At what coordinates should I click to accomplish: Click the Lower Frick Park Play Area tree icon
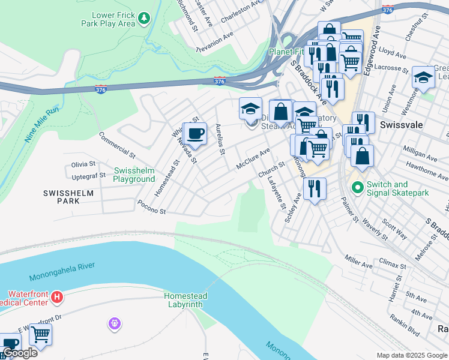coord(143,19)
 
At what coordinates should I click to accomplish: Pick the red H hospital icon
coord(56,296)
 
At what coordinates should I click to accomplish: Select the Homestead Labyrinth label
coord(186,300)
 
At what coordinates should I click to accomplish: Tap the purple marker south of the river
coord(115,324)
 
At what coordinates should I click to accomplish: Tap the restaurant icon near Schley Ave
coord(315,188)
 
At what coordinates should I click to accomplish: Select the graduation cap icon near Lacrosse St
coord(423,77)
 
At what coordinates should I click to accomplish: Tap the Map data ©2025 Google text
coord(412,355)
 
